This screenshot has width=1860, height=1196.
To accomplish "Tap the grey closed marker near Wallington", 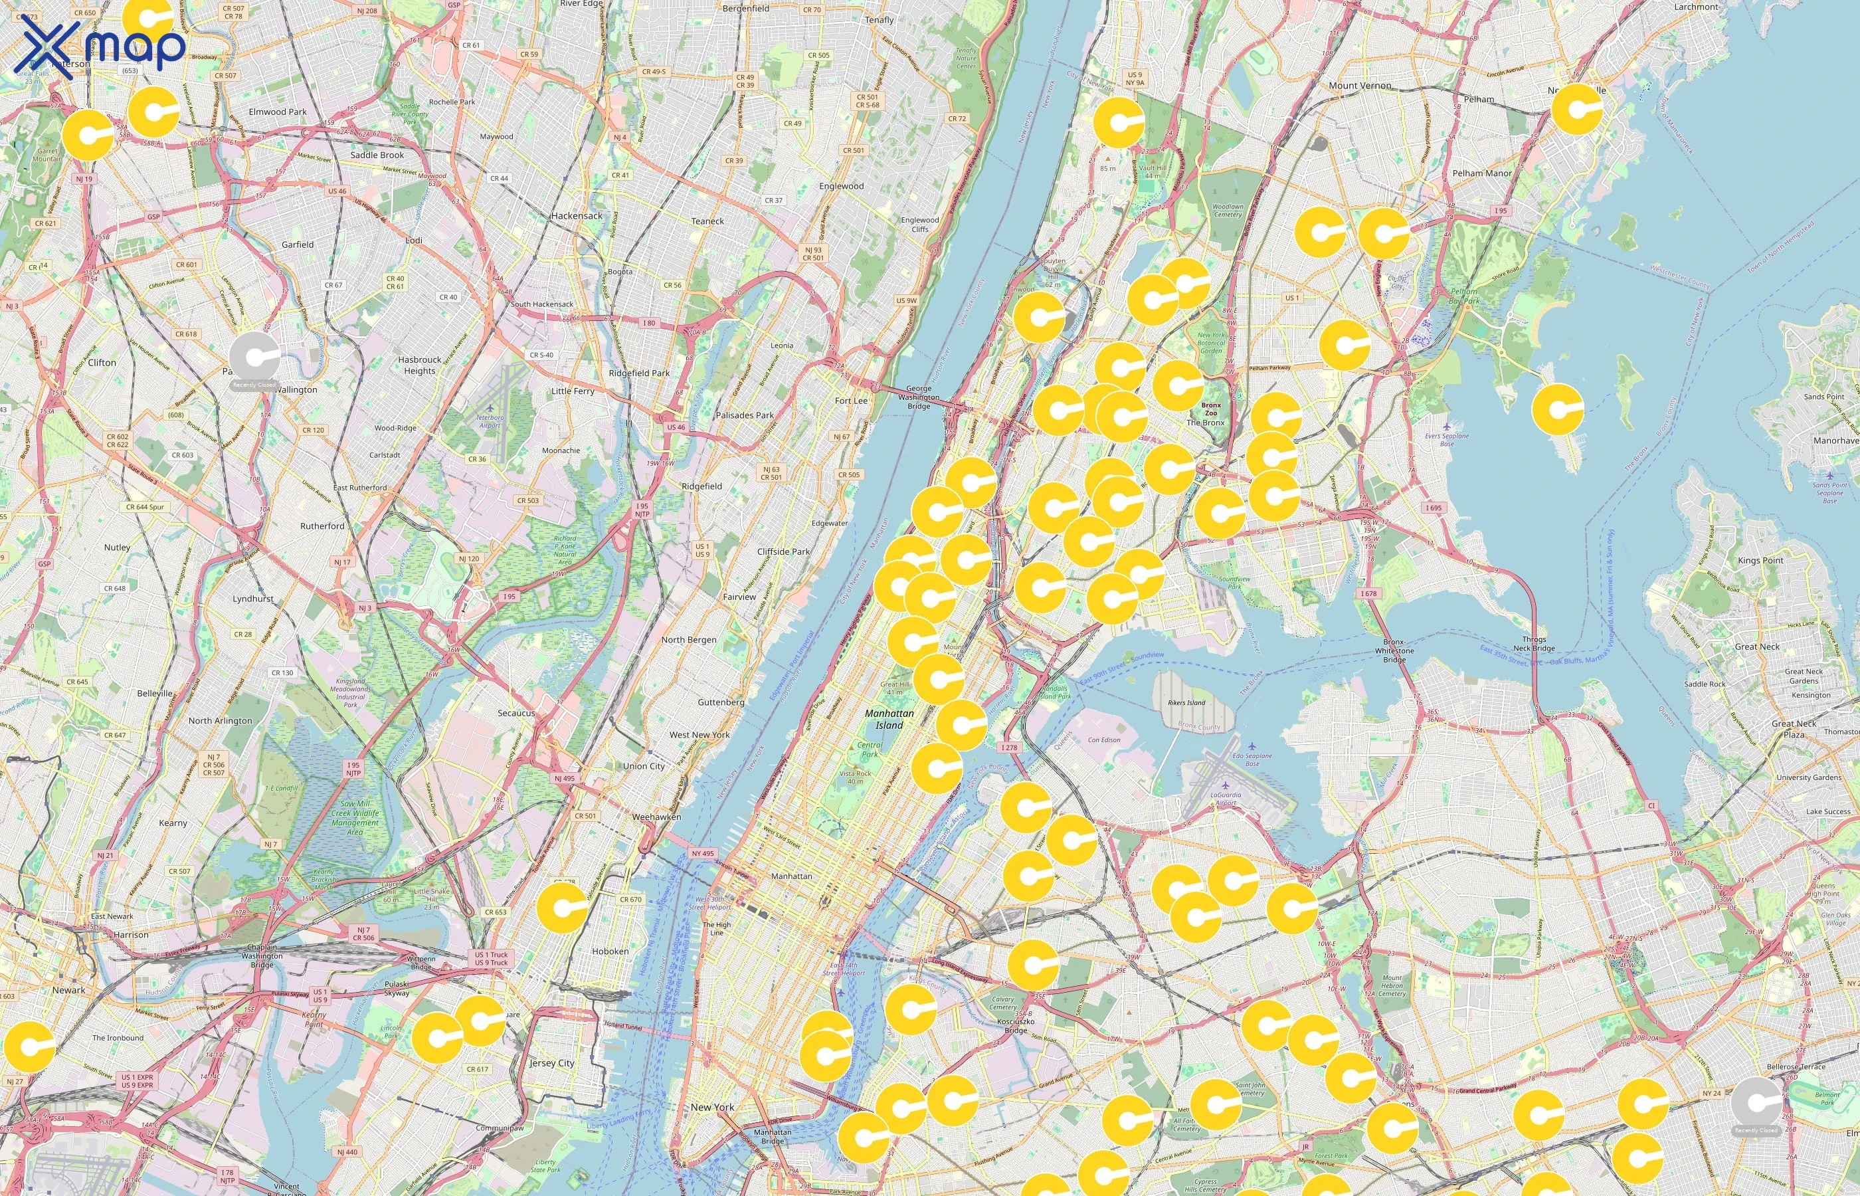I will click(x=254, y=359).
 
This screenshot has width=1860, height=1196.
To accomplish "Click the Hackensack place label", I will click(x=577, y=216).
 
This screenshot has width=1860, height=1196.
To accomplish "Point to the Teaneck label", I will click(x=707, y=221).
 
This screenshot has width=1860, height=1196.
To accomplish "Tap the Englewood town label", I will click(x=841, y=187).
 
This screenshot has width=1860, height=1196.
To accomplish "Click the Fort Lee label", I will click(x=851, y=401).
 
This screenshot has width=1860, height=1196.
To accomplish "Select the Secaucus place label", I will click(x=516, y=713).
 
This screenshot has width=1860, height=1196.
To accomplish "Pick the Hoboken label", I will click(x=610, y=951).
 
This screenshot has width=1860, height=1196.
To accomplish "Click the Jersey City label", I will click(x=552, y=1063).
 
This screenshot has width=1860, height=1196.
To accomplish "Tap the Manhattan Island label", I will click(x=889, y=719).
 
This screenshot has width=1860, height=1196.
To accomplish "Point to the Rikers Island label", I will click(x=1187, y=703).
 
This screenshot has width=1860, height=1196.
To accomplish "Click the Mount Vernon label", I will click(x=1360, y=86).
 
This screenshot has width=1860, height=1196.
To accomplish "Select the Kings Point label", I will click(x=1760, y=560).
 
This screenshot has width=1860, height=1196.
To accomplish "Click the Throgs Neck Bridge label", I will click(x=1534, y=644).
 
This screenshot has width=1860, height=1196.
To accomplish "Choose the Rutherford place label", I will click(x=322, y=526).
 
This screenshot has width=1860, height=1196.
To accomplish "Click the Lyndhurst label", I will click(x=253, y=599).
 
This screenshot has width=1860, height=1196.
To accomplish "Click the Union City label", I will click(x=644, y=765).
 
